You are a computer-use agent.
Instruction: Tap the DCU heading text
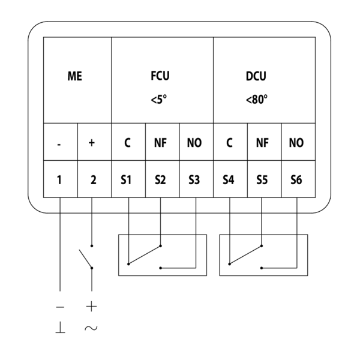(x=256, y=76)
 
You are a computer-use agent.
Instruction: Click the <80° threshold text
(x=256, y=98)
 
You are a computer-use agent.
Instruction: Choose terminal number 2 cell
(x=93, y=179)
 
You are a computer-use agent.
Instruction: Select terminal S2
(x=160, y=179)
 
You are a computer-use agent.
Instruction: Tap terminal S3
(x=194, y=179)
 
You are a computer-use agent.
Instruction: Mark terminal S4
(x=229, y=179)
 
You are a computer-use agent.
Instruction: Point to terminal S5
(x=262, y=179)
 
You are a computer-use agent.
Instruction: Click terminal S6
(x=296, y=179)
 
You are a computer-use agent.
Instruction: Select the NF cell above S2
(x=160, y=144)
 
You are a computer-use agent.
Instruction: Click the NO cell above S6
(x=296, y=144)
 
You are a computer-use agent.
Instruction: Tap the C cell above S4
(x=229, y=144)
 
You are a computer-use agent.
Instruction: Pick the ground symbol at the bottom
(x=61, y=328)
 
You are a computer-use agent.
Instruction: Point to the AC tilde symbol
(x=92, y=328)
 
